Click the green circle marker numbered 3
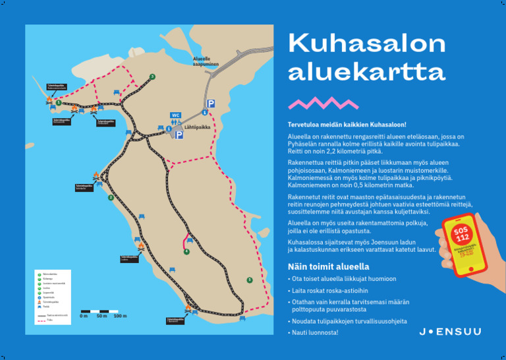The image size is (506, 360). tap(152, 78)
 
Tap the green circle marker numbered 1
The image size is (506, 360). tap(59, 102)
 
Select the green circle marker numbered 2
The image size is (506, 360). tap(111, 198)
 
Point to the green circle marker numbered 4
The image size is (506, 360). tap(187, 252)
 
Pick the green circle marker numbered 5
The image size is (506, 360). tap(249, 280)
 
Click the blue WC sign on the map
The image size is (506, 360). tap(175, 115)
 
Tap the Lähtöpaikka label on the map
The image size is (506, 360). tap(197, 127)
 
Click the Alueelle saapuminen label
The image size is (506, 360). tap(206, 61)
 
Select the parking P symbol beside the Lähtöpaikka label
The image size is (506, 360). tap(179, 135)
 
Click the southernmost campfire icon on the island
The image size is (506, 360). tap(188, 307)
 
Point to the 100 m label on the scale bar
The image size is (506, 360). tap(120, 316)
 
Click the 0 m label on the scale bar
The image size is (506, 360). tap(83, 316)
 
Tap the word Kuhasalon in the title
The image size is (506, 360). tap(367, 44)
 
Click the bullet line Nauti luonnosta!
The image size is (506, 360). tap(313, 332)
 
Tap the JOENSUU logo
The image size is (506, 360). tap(450, 331)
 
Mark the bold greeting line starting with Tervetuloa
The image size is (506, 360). tap(347, 125)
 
